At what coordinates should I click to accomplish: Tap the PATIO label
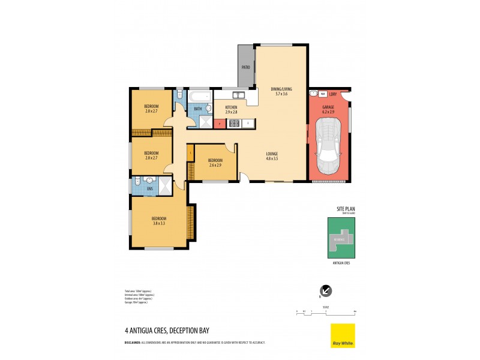(x=245, y=67)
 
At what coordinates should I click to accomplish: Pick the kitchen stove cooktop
(x=233, y=124)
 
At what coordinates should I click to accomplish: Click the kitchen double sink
(x=238, y=95)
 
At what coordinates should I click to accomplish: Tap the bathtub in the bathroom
(x=199, y=95)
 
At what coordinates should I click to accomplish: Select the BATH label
(x=197, y=109)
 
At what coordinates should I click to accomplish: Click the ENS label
(x=150, y=188)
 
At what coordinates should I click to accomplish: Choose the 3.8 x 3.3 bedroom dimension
(x=158, y=223)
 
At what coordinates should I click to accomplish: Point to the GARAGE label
(x=328, y=108)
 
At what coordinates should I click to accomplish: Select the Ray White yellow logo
(x=343, y=335)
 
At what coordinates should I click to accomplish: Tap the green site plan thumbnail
(x=341, y=238)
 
